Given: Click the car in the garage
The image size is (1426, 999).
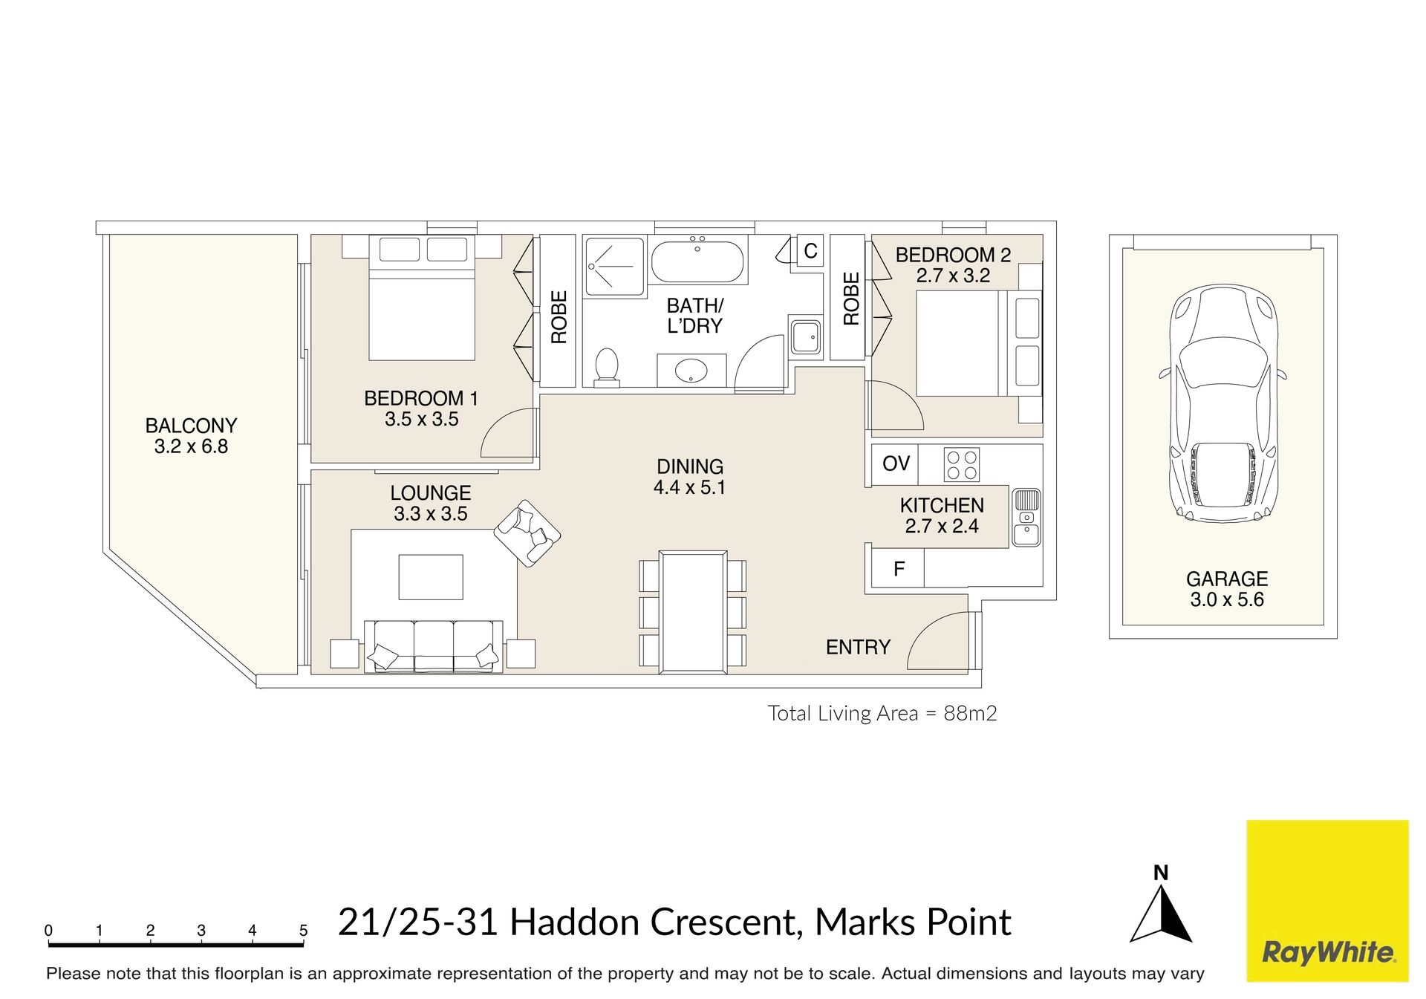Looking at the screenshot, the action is [1222, 403].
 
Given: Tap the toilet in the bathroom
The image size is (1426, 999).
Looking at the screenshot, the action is [607, 368].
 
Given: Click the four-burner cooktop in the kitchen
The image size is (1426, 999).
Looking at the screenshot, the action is [962, 465].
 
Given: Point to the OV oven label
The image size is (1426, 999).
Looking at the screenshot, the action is [896, 463].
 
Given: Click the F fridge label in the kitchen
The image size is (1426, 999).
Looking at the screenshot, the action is [899, 569].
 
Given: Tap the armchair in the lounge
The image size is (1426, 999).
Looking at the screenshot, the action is [527, 533].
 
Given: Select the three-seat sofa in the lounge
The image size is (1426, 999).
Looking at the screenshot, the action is [434, 647].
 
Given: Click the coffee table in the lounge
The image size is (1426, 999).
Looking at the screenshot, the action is [431, 577].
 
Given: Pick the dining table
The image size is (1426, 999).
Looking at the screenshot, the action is [693, 612].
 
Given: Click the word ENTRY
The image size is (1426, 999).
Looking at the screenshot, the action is [858, 647].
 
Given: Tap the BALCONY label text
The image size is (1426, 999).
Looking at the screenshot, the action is [191, 426].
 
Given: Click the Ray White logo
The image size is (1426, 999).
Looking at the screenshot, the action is [1327, 901].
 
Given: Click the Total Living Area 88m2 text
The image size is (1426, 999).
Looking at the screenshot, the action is [882, 713].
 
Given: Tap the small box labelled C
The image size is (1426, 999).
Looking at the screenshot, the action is [810, 251].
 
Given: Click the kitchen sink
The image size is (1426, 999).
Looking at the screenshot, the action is [1026, 517].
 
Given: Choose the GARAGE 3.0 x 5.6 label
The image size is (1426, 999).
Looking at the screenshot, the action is [1227, 589].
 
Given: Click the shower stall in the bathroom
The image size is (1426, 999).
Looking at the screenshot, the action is [614, 267].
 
